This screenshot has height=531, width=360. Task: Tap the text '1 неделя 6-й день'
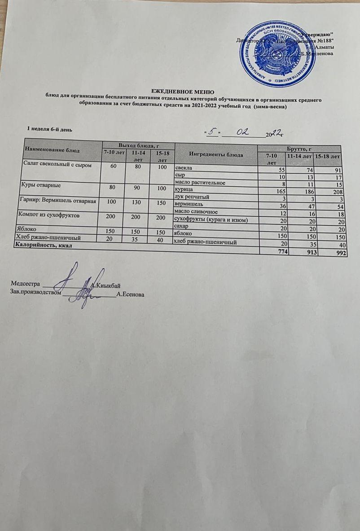49,129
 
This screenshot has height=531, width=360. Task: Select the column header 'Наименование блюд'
49,149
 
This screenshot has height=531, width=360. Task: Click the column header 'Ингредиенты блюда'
216,154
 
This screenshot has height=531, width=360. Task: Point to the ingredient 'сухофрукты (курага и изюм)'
211,219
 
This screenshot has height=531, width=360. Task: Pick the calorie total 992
333,253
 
